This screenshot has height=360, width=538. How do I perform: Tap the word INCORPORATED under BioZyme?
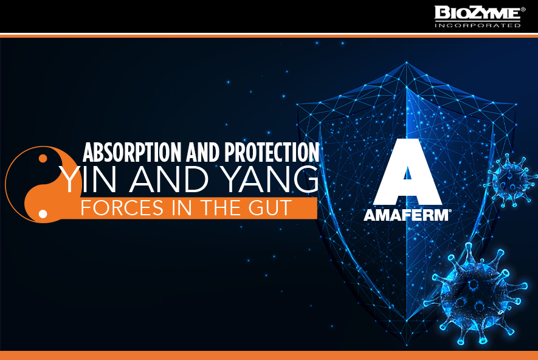click(478, 26)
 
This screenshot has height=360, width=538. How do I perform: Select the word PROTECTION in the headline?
click(272, 152)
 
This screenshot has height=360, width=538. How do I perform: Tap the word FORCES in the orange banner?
click(122, 207)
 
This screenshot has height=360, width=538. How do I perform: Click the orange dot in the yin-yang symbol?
click(43, 158)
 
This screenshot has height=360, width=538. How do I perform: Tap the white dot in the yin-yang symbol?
click(43, 214)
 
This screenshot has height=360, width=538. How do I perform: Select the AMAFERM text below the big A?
click(406, 215)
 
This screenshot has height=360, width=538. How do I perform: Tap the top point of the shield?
click(407, 62)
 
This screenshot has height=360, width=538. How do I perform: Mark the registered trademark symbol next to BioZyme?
click(523, 10)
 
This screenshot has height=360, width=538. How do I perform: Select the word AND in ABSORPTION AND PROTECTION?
click(203, 152)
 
